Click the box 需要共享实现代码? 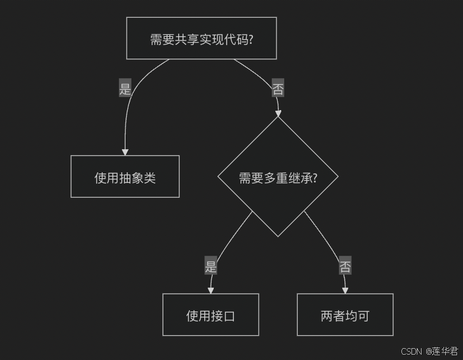click(201, 38)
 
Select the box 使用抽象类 click(125, 176)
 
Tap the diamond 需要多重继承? click(278, 176)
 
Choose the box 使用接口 click(210, 315)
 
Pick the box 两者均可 click(345, 315)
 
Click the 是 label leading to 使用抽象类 click(125, 88)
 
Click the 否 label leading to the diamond click(278, 89)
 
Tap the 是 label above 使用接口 click(211, 266)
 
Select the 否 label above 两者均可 click(345, 266)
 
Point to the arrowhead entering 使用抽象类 click(125, 152)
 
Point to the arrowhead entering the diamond click(278, 113)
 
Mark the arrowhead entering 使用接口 click(210, 290)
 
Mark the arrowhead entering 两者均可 click(345, 290)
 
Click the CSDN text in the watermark click(411, 351)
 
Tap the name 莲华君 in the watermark click(445, 351)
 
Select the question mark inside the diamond click(314, 177)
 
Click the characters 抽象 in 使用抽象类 click(130, 177)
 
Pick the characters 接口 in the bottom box click(223, 316)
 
